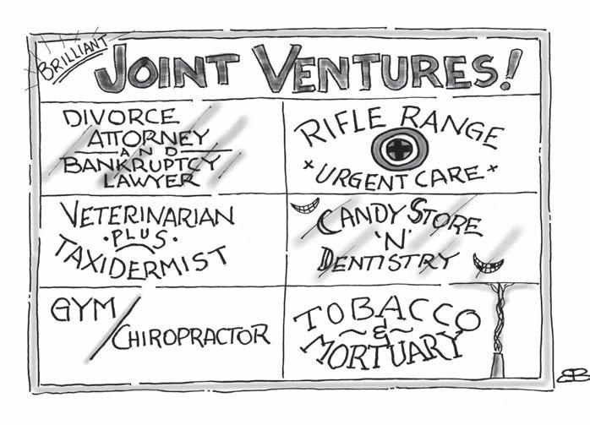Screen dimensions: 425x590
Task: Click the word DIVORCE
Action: [x=111, y=116]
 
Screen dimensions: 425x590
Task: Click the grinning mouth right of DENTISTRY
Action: [x=488, y=264]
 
